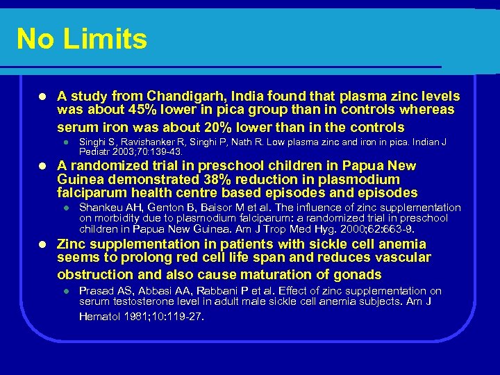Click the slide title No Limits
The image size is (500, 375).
[x=82, y=39]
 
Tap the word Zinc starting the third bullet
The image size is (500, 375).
[x=72, y=244]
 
